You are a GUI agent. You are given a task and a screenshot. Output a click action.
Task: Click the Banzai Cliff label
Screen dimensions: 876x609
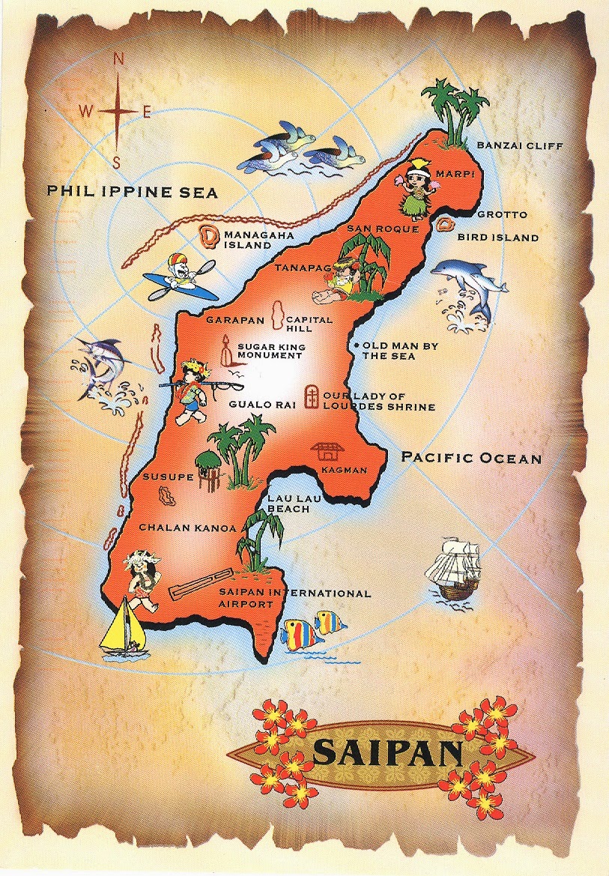coord(518,145)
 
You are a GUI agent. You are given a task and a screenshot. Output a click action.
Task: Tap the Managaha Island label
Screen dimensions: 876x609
coord(252,240)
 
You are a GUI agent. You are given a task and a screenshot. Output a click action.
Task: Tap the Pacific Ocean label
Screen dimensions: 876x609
coord(471,457)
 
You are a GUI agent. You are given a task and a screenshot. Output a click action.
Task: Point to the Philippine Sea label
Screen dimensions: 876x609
coord(132,192)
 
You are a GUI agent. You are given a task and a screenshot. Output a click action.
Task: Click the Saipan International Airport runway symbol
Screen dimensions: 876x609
coord(201,584)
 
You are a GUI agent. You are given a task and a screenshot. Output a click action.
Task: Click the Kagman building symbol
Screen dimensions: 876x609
coord(327,451)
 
